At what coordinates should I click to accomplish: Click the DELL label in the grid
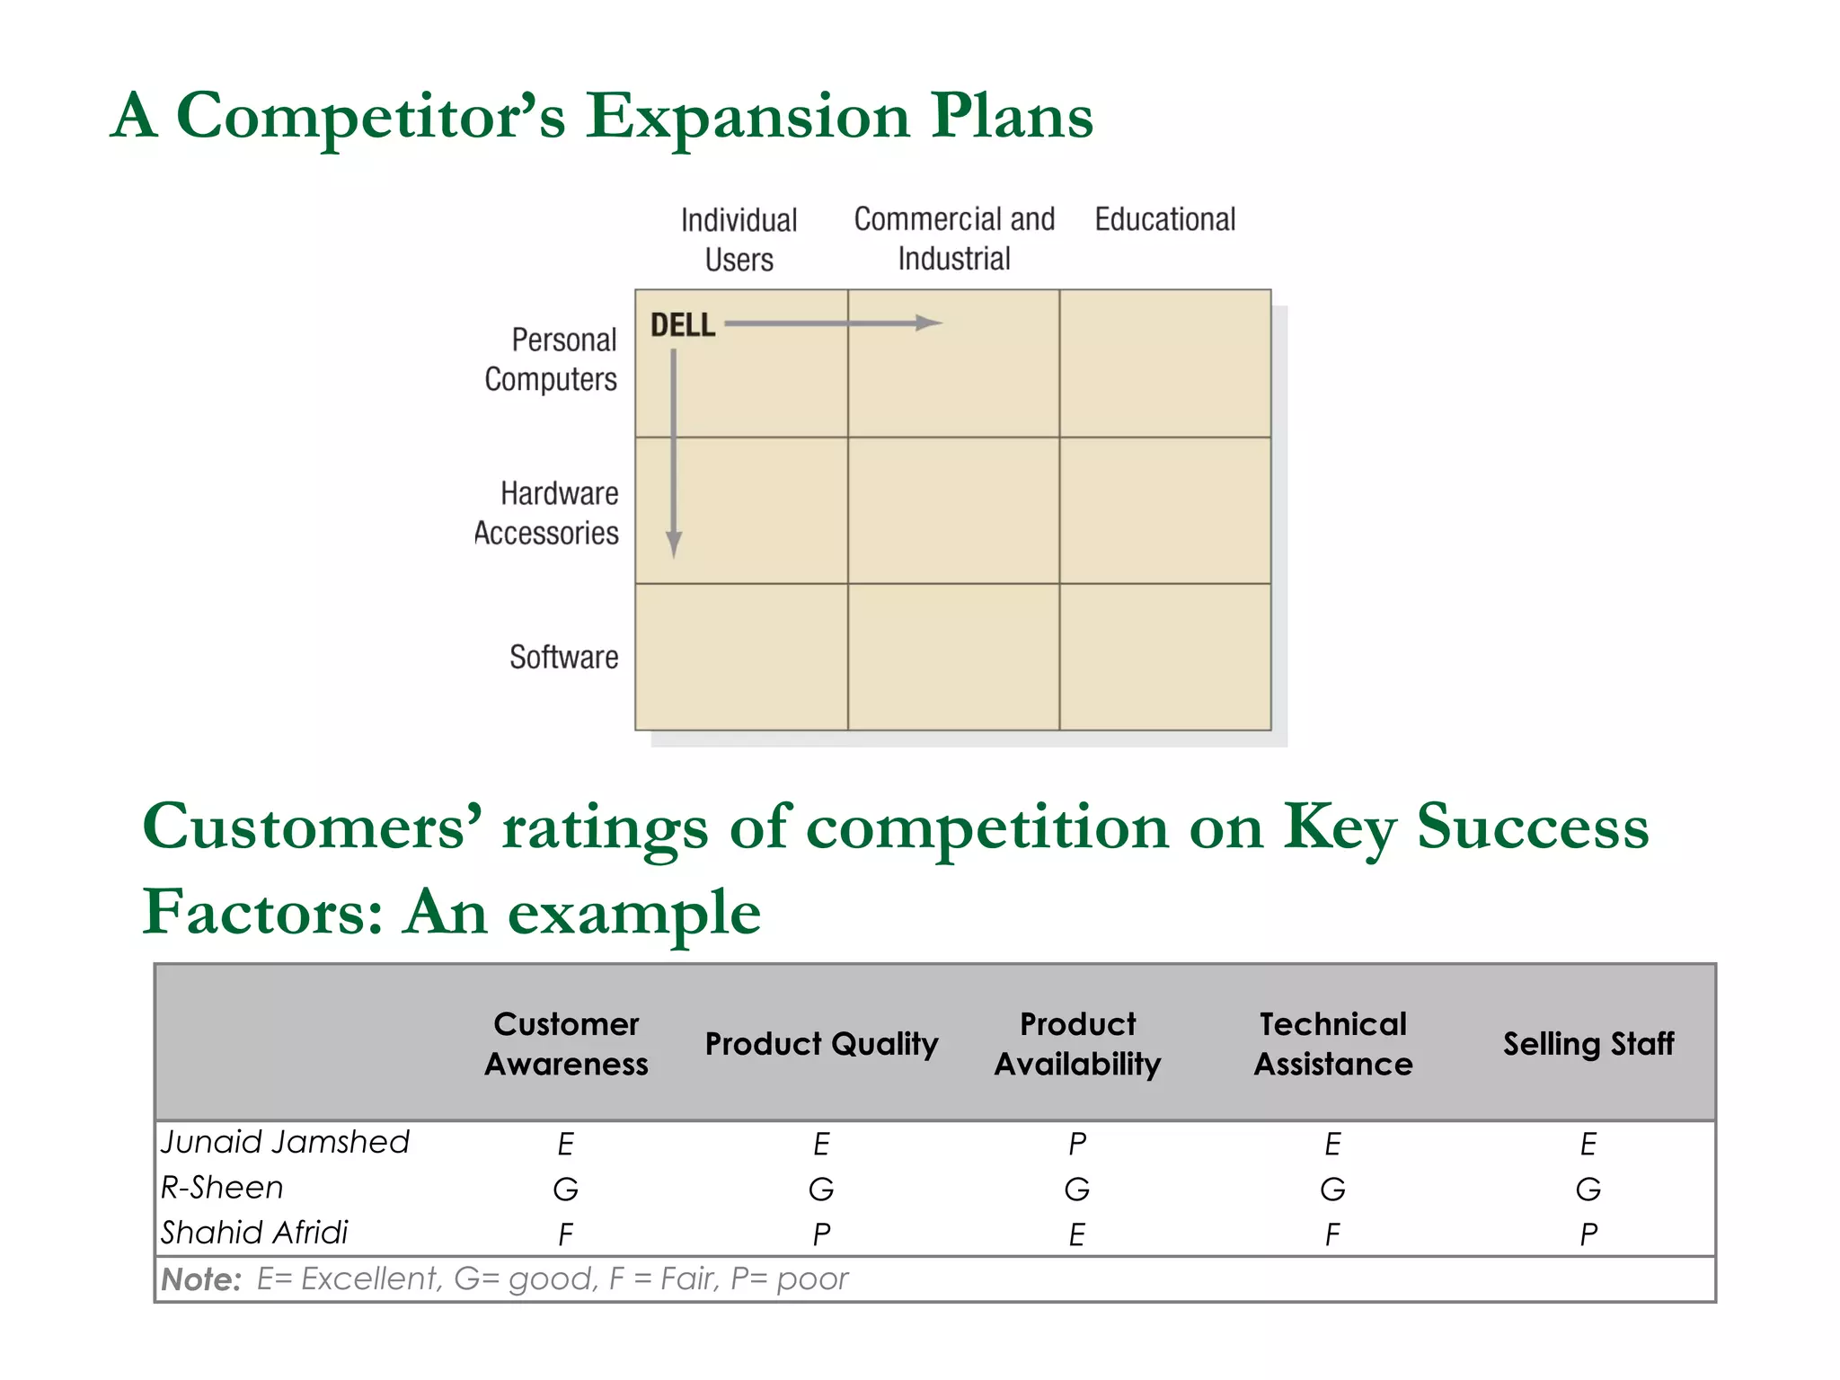pos(683,325)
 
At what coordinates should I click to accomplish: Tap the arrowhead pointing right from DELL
pos(930,323)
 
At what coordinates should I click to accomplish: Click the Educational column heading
pos(1164,219)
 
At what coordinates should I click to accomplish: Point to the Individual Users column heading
pos(739,240)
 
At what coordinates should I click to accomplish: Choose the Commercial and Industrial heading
pos(954,239)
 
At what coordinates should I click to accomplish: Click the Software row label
pos(563,657)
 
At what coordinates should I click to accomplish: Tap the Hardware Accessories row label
pos(548,513)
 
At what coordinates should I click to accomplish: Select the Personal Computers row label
pos(552,359)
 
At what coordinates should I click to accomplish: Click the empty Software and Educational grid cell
pos(1165,657)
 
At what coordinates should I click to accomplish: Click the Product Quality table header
pos(821,1044)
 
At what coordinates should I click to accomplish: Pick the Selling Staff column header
pos(1588,1044)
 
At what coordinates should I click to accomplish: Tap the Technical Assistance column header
pos(1332,1044)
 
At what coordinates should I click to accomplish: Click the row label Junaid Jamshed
pos(285,1142)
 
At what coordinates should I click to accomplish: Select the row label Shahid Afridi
pos(254,1233)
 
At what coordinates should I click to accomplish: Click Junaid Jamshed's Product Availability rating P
pos(1077,1144)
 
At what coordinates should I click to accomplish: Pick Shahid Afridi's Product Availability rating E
pos(1077,1234)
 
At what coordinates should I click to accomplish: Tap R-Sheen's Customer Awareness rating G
pos(565,1190)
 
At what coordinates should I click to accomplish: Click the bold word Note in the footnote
pos(200,1279)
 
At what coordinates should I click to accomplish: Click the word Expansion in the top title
pos(747,117)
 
